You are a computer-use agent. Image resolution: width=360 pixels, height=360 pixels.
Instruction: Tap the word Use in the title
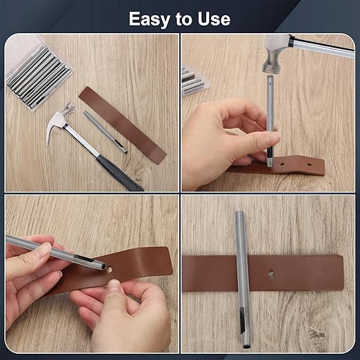tap(212, 19)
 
